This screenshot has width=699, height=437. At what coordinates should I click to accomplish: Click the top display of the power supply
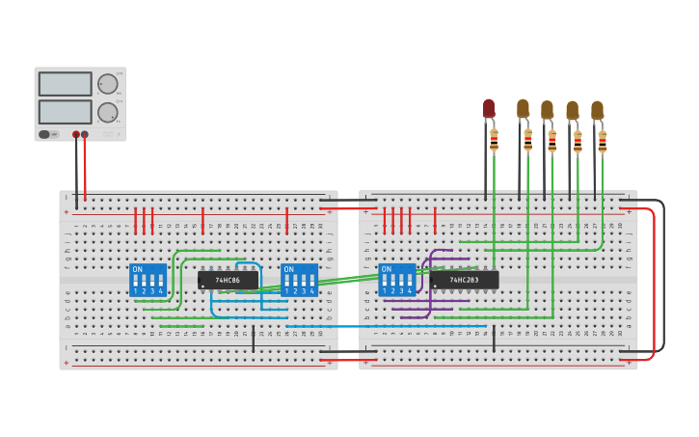click(x=66, y=84)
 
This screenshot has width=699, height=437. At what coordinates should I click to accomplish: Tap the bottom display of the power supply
click(x=66, y=112)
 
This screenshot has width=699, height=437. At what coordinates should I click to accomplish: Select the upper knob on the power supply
click(x=107, y=84)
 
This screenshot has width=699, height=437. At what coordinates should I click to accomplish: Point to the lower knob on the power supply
click(x=107, y=112)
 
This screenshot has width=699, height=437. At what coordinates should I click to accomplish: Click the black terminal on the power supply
click(x=76, y=135)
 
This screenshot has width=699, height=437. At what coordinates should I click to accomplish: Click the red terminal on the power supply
click(x=85, y=135)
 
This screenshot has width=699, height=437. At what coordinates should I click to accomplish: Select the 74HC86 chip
click(x=229, y=280)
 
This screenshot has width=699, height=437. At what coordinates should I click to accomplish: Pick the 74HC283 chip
click(x=465, y=280)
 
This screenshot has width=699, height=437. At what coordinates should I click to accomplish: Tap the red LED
click(x=489, y=108)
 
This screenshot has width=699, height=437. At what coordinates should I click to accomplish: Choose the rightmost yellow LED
click(x=598, y=110)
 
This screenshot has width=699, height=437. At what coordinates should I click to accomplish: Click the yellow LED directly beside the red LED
click(x=523, y=108)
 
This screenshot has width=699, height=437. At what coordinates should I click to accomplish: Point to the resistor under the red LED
click(x=494, y=142)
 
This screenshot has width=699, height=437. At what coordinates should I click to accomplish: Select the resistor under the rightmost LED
click(x=603, y=143)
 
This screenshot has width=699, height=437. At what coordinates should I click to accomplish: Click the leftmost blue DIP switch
click(x=148, y=280)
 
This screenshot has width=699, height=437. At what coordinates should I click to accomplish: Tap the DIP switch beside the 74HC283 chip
click(x=398, y=280)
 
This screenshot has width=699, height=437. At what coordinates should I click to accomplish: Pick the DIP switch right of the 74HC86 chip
click(x=299, y=280)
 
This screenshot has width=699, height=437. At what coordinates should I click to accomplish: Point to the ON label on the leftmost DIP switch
click(x=137, y=269)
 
